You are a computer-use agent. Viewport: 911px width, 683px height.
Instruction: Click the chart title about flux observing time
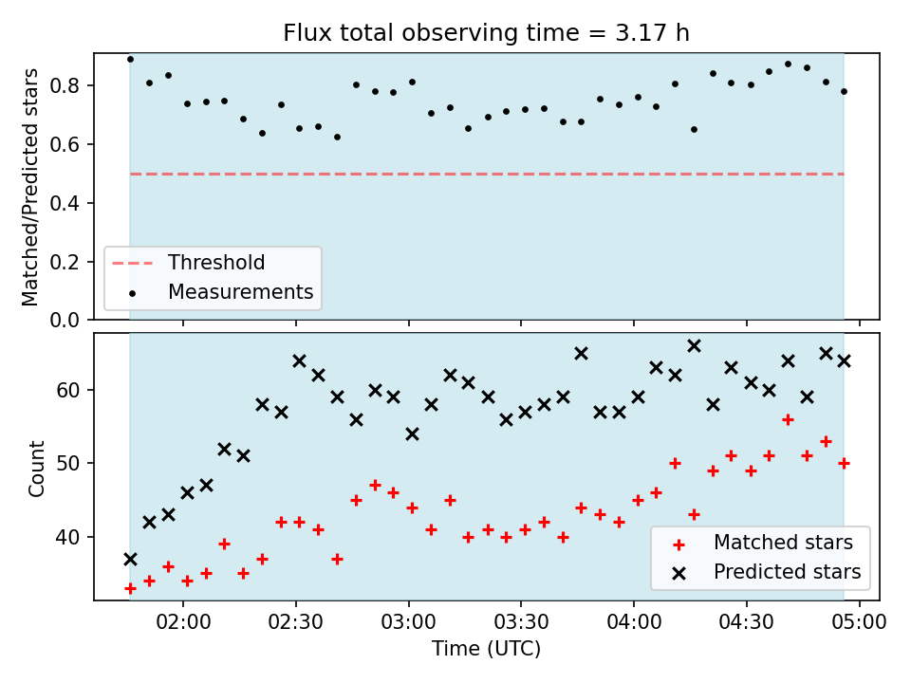[x=486, y=32]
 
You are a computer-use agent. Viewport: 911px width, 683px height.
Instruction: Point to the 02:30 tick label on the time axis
[x=296, y=622]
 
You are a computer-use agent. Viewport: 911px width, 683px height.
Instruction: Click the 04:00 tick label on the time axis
[x=633, y=622]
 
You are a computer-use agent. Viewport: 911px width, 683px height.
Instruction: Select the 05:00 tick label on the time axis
[x=859, y=622]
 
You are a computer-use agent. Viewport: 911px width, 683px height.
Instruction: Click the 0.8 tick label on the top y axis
[x=65, y=86]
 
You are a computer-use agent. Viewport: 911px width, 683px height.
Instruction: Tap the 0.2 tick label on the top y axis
[x=65, y=262]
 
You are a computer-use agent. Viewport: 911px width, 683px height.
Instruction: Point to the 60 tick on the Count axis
[x=68, y=390]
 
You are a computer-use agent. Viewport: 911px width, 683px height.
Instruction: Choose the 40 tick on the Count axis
[x=68, y=537]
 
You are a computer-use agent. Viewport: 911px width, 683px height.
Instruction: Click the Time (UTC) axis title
[x=486, y=649]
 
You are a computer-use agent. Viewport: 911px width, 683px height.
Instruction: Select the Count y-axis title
[x=36, y=469]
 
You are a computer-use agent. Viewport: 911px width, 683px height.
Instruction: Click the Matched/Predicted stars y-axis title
[x=30, y=187]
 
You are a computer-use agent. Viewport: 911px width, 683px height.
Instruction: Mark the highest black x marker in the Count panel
[x=694, y=346]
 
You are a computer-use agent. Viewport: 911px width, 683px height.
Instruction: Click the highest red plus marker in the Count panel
[x=788, y=420]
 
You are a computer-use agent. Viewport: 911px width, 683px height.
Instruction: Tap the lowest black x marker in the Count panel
[x=130, y=560]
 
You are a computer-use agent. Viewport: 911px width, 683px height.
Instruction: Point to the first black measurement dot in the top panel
[x=130, y=59]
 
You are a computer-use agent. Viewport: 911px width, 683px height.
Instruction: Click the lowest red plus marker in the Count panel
[x=130, y=589]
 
